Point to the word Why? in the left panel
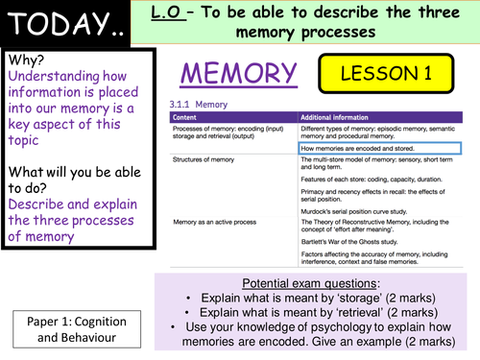point(30,60)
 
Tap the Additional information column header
point(338,117)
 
